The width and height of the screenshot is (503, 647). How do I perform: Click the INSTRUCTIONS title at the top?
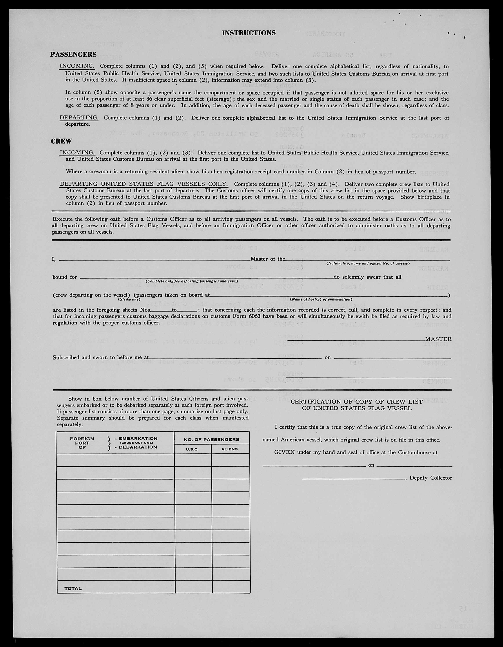(249, 33)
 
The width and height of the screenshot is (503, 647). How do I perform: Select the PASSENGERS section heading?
(73, 55)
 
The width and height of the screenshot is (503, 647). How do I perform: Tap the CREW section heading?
(61, 141)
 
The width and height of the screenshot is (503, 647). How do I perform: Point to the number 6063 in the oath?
(254, 316)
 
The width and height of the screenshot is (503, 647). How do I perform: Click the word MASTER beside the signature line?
(438, 339)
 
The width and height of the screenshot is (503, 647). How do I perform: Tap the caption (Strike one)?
(129, 299)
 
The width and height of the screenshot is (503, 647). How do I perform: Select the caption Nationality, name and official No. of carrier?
(368, 263)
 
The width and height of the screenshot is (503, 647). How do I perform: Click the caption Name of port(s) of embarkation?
(321, 299)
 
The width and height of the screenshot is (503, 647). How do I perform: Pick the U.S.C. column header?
(192, 449)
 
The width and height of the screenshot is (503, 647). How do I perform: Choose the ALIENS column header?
(230, 449)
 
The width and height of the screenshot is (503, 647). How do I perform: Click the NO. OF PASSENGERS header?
(211, 439)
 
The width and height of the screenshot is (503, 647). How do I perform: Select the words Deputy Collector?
(430, 478)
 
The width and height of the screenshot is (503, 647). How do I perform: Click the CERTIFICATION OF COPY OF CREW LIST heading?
(356, 402)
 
